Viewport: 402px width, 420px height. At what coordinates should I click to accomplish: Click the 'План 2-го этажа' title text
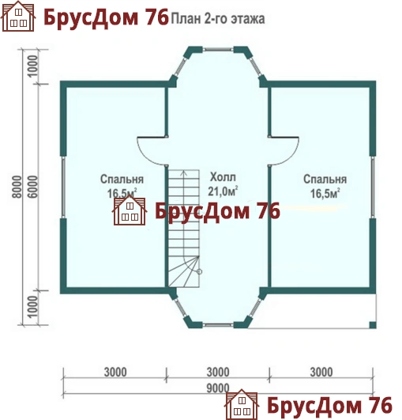218,19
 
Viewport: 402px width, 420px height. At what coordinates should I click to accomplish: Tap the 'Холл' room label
223,177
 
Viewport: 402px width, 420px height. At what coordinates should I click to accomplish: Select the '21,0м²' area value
223,191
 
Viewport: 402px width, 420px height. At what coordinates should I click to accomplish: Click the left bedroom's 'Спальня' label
122,180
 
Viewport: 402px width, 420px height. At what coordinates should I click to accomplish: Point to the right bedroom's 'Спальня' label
325,180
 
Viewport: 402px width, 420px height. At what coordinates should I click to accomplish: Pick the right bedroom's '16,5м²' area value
325,194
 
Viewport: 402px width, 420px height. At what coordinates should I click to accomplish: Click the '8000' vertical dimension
17,187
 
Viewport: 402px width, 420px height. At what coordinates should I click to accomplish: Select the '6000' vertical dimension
33,187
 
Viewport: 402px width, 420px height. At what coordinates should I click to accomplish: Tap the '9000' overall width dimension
218,388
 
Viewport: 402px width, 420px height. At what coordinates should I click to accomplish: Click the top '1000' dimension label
33,66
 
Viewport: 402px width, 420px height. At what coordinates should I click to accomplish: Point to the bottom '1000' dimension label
33,307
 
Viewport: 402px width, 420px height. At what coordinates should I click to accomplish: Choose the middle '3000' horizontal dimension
218,373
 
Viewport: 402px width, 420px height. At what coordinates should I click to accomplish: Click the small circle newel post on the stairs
199,271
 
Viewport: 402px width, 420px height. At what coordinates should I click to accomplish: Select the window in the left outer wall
63,187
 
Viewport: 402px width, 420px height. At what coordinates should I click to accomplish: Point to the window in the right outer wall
373,187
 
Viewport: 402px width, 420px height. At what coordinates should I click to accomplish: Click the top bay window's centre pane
218,49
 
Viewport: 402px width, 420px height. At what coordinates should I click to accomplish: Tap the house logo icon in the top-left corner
18,17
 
